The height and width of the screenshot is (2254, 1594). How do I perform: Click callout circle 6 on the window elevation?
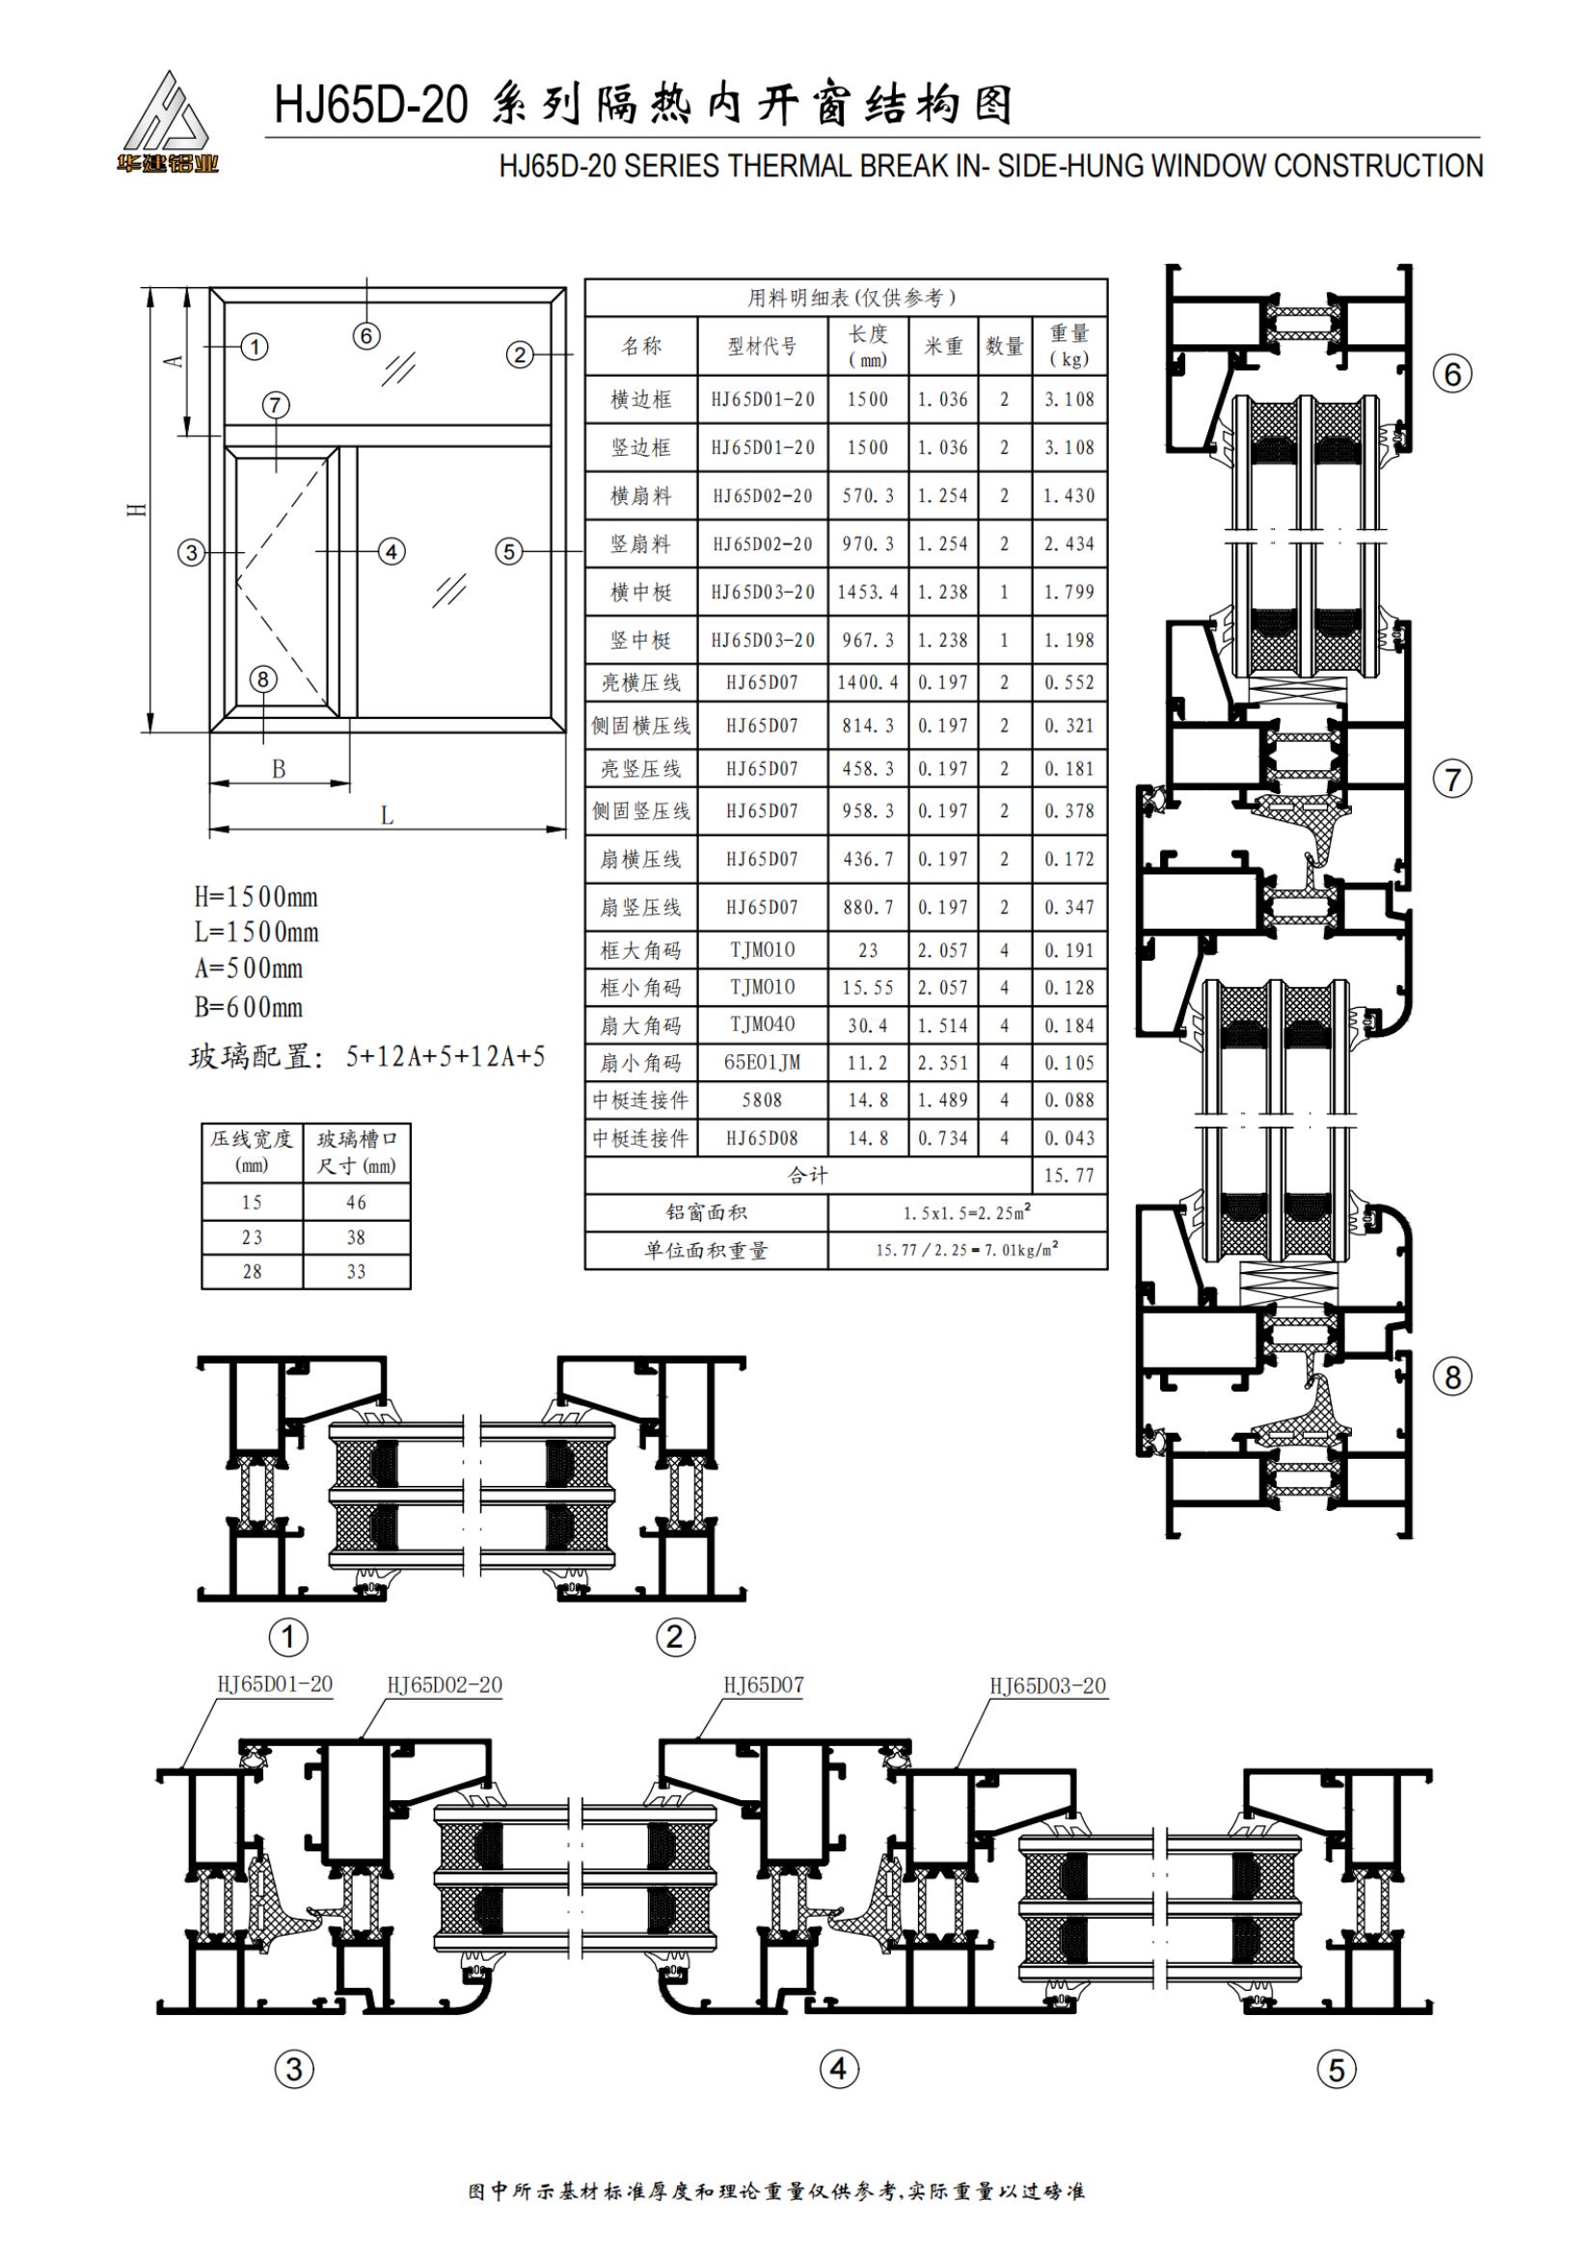[366, 335]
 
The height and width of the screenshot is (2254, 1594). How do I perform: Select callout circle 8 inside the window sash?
[262, 678]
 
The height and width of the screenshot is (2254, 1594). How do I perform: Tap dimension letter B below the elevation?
[279, 769]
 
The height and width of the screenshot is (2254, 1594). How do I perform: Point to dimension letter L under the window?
[387, 816]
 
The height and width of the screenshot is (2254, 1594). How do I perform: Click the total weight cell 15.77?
[1068, 1175]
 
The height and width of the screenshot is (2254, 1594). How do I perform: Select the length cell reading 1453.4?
[867, 592]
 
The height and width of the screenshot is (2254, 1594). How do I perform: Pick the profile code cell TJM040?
[762, 1024]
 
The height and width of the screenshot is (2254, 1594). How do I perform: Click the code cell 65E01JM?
[762, 1062]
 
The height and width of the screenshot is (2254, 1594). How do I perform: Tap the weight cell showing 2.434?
[1068, 544]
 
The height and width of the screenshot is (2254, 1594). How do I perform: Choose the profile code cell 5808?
[762, 1100]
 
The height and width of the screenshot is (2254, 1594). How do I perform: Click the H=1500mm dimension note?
[256, 896]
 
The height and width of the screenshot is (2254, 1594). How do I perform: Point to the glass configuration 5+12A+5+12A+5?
[445, 1057]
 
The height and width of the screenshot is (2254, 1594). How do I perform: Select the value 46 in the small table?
[356, 1203]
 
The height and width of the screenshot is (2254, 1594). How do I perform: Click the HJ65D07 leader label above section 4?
[763, 1685]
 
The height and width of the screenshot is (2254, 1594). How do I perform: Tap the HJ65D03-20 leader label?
[1047, 1686]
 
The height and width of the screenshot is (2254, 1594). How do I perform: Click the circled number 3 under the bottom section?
[294, 2070]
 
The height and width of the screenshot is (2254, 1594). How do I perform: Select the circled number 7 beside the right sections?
[1452, 780]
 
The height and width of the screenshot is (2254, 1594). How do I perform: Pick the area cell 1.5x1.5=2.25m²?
[967, 1213]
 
